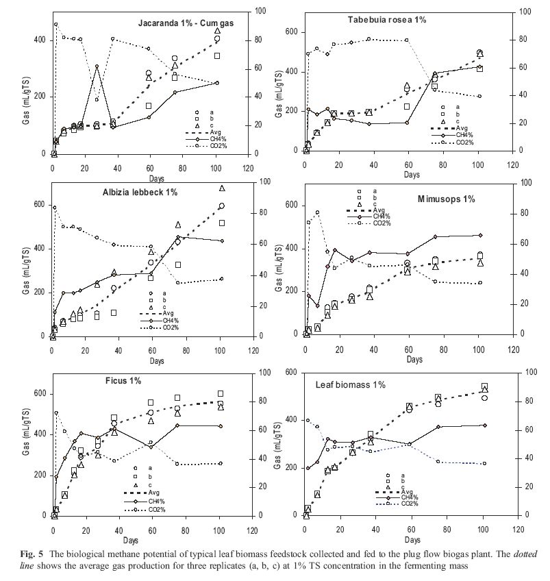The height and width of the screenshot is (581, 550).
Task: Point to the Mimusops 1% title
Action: pos(447,199)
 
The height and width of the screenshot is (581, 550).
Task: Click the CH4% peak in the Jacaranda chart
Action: pos(97,66)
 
